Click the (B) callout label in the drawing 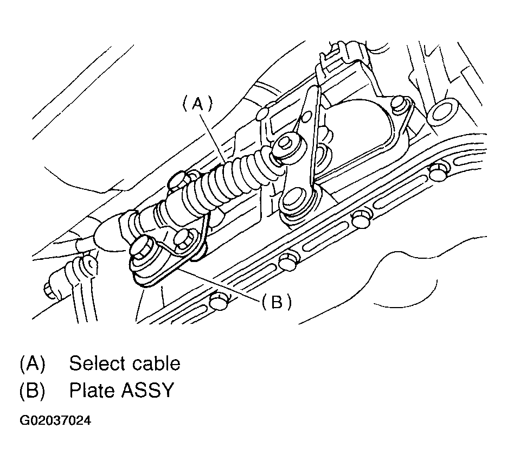(x=276, y=302)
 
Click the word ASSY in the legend (x=147, y=391)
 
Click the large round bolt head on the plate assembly (x=143, y=251)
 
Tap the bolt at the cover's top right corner (x=400, y=103)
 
